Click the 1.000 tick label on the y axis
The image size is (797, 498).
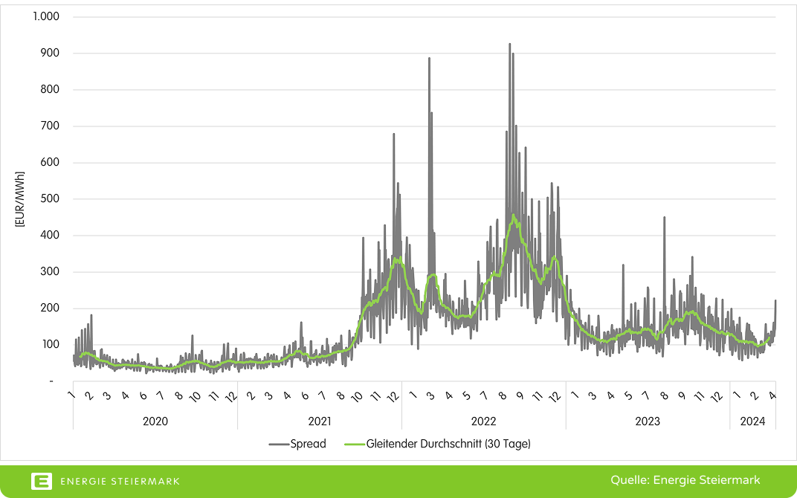[x=46, y=16]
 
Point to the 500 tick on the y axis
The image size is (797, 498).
[x=50, y=198]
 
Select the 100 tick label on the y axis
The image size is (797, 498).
[x=50, y=344]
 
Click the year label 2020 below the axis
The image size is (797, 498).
[x=155, y=421]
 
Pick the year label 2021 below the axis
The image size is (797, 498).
[x=320, y=421]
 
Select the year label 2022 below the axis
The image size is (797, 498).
[x=484, y=421]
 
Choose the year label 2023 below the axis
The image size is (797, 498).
[x=648, y=421]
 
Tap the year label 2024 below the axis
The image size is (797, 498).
[x=752, y=421]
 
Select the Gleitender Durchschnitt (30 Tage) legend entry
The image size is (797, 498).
[x=439, y=444]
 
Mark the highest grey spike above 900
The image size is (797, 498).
[x=509, y=45]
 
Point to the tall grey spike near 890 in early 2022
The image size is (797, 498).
[x=429, y=59]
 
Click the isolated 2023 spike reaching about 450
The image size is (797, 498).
[x=664, y=218]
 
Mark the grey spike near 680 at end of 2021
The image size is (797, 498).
[x=394, y=135]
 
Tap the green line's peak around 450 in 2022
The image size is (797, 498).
[x=513, y=216]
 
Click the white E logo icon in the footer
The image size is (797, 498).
[x=42, y=481]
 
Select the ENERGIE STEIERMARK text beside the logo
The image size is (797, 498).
[x=120, y=481]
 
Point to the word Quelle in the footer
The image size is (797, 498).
[x=629, y=480]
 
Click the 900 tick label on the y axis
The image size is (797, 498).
[x=50, y=53]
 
